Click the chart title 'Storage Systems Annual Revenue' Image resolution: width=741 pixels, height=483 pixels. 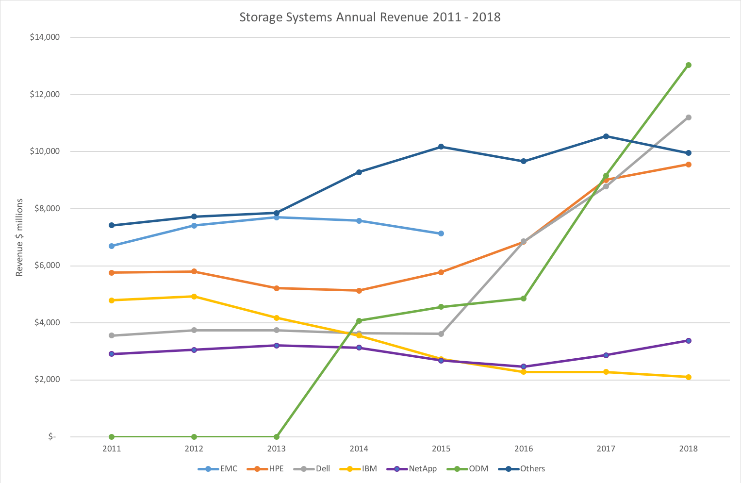point(370,17)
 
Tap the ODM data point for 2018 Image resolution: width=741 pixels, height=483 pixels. point(688,65)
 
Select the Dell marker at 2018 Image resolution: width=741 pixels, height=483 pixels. point(688,117)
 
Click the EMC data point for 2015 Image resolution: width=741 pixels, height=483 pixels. point(441,233)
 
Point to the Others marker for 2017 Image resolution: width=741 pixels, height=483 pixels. point(606,136)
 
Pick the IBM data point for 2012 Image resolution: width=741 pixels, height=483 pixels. point(194,297)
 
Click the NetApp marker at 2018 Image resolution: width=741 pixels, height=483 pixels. point(688,341)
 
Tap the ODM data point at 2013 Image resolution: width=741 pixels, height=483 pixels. point(277,437)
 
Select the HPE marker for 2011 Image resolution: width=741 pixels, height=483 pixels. point(112,273)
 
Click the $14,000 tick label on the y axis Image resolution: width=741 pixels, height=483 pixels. point(45,37)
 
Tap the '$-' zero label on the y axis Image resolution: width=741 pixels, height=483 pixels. point(52,437)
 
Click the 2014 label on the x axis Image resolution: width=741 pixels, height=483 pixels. point(359,449)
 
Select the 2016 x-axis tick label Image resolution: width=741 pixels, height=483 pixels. point(524,449)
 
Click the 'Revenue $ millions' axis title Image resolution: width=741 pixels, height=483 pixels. point(19,237)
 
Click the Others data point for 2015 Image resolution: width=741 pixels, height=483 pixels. point(441,147)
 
